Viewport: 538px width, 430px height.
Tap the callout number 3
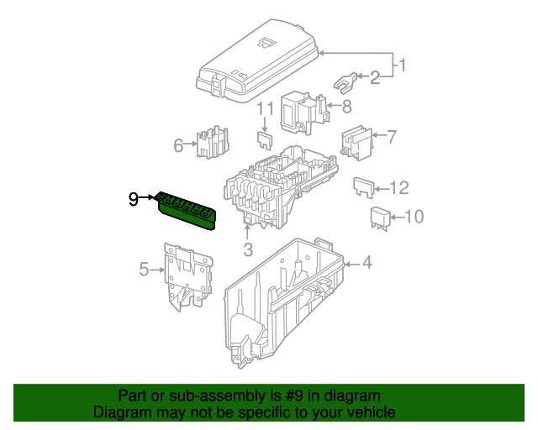[x=248, y=249]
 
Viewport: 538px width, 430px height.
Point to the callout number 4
[x=366, y=264]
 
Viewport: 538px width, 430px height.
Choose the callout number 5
[x=144, y=270]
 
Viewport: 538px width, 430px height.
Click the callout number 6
[x=178, y=145]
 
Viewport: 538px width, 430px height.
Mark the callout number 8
[x=346, y=106]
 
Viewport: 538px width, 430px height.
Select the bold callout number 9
[x=134, y=199]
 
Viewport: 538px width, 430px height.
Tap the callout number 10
[x=414, y=218]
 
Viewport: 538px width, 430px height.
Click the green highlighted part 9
[x=187, y=209]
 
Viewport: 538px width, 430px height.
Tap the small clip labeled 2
[x=345, y=81]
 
